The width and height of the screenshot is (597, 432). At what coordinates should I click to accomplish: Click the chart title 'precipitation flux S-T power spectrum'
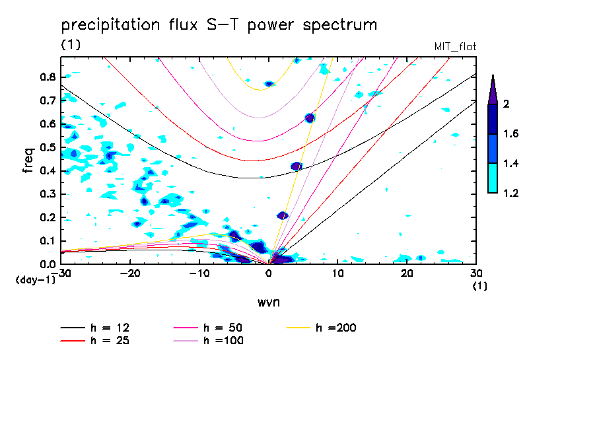(219, 25)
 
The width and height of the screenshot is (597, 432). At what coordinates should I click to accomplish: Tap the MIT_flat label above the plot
(455, 46)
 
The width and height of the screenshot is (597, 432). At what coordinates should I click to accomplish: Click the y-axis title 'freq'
(28, 160)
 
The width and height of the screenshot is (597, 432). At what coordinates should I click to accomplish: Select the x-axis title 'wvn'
(268, 302)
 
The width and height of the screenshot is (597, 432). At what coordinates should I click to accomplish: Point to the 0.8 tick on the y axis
(48, 77)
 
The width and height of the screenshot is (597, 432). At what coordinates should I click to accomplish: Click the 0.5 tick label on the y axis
(48, 147)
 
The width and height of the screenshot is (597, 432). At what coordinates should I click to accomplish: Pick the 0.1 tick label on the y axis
(48, 240)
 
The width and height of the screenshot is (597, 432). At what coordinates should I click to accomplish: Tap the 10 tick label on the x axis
(337, 273)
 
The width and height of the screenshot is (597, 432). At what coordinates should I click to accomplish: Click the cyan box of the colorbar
(492, 178)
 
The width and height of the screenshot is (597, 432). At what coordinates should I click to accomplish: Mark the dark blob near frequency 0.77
(269, 84)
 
